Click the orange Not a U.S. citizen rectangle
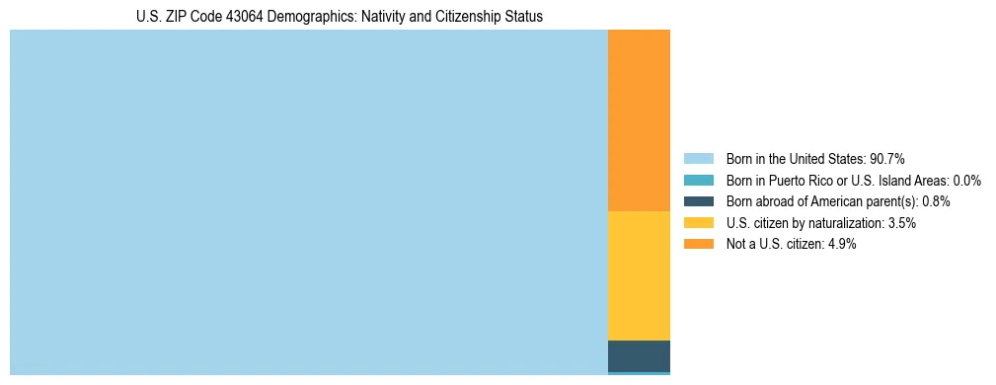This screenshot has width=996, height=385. pyautogui.click(x=639, y=120)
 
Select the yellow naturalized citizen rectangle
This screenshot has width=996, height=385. pyautogui.click(x=639, y=275)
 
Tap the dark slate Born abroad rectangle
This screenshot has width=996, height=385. pyautogui.click(x=639, y=355)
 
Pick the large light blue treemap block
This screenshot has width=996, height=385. pyautogui.click(x=308, y=202)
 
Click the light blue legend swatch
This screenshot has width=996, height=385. pyautogui.click(x=698, y=159)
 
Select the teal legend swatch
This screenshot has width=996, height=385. pyautogui.click(x=698, y=181)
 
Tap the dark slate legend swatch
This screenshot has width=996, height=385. pyautogui.click(x=698, y=201)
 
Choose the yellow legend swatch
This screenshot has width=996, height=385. pyautogui.click(x=698, y=223)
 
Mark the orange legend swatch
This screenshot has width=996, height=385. pyautogui.click(x=698, y=245)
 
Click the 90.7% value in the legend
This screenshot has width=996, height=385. pyautogui.click(x=887, y=159)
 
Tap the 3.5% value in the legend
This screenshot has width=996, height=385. pyautogui.click(x=901, y=223)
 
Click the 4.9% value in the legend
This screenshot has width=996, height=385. pyautogui.click(x=841, y=245)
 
